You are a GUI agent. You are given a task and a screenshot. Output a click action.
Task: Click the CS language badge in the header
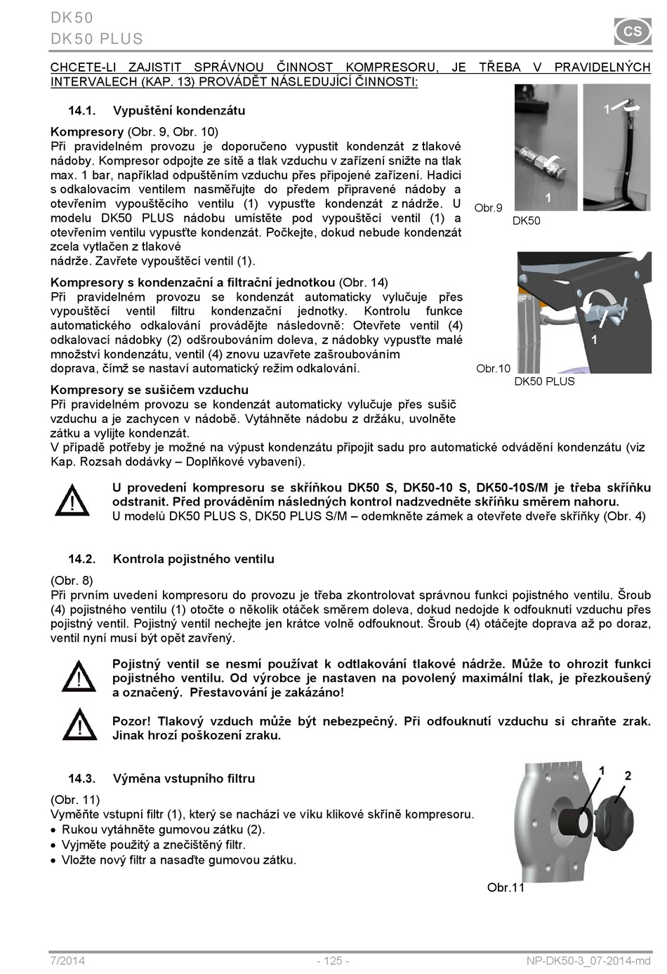coord(633,32)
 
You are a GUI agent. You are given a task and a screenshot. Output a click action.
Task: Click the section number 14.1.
coord(81,111)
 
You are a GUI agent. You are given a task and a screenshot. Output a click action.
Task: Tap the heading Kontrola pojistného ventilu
coord(194,559)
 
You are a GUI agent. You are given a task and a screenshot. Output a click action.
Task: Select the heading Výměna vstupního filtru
coord(184,778)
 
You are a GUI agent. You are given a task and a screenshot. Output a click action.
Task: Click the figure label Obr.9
coord(488,208)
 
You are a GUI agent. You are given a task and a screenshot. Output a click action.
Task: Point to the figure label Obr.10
coord(493,369)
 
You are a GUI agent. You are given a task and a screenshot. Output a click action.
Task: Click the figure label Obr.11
coord(506,888)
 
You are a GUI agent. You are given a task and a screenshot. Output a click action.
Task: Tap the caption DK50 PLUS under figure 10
coord(544,381)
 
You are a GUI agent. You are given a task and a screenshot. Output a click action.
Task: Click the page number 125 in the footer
coord(333,961)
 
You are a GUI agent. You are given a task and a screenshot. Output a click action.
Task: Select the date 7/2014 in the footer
coord(67,961)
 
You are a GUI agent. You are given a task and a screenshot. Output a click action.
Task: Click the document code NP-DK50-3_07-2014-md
coord(588,961)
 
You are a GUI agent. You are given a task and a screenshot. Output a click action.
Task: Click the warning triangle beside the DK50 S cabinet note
coord(72,501)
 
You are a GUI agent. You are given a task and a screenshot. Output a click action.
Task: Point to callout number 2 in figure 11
coord(628,776)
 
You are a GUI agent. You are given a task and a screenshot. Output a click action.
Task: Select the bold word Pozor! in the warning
coord(131,721)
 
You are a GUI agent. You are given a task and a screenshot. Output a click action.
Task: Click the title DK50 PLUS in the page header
coord(97,39)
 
